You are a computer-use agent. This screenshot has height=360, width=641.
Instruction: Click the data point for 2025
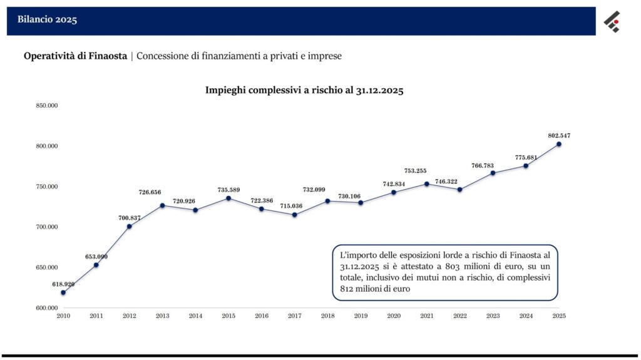559,144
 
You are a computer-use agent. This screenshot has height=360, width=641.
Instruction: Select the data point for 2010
63,292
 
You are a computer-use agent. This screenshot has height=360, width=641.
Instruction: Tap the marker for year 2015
228,198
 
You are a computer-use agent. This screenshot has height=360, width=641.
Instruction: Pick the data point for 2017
295,215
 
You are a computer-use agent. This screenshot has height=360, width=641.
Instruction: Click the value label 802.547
559,135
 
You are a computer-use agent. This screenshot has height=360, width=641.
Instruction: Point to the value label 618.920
63,284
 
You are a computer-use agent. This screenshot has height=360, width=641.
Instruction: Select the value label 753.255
416,170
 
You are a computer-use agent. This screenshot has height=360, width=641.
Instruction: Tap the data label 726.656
150,192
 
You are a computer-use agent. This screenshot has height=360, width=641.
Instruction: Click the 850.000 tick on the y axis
46,106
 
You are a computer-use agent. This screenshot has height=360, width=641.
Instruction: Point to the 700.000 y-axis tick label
46,227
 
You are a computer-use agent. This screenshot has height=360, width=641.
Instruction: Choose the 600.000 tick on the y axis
46,308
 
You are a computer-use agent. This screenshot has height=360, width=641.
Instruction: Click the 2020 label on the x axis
394,316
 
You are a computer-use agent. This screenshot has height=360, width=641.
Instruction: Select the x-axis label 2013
162,316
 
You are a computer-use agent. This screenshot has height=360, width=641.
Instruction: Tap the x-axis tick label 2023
493,316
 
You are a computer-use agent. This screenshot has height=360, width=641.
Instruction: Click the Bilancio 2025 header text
47,19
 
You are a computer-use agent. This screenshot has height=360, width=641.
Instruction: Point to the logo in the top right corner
612,22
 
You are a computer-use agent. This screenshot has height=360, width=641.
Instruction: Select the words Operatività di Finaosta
75,56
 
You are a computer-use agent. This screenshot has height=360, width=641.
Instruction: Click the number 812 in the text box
347,289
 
